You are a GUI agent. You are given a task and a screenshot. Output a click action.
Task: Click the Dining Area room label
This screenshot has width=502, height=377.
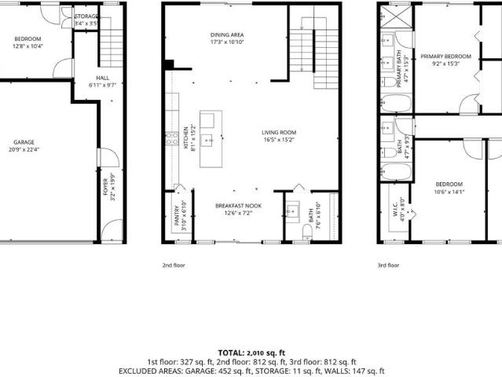click(226, 35)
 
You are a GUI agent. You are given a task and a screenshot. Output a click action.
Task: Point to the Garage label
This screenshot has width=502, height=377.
click(24, 142)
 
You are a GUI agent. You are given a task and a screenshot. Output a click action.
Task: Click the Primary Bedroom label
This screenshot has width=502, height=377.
click(445, 57)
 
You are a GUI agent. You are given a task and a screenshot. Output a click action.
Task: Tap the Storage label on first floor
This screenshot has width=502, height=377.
click(87, 16)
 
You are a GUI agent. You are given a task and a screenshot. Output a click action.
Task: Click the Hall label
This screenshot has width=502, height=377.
click(103, 78)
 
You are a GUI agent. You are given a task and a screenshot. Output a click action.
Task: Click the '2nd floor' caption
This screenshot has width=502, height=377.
click(174, 265)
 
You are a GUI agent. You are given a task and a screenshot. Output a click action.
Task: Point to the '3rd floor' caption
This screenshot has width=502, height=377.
click(388, 265)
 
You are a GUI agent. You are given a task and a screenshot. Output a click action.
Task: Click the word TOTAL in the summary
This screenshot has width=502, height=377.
click(232, 353)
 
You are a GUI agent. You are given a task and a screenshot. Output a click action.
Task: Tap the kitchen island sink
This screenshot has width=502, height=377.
click(208, 140)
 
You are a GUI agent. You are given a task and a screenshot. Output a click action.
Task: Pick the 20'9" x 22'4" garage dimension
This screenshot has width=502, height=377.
click(24, 149)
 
